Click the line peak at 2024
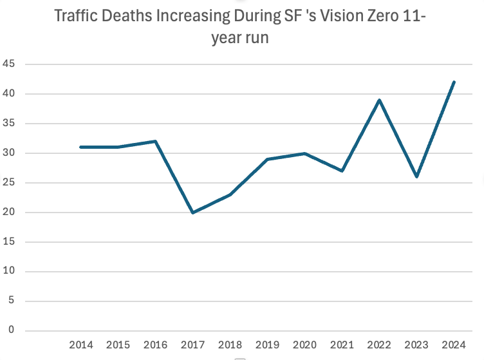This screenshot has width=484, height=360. [454, 82]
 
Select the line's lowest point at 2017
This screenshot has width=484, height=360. [193, 213]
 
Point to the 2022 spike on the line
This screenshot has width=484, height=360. [380, 100]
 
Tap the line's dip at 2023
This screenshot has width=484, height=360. [417, 176]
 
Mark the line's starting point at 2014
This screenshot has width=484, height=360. [81, 147]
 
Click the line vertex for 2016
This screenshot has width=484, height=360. [156, 141]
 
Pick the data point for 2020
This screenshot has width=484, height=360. [305, 153]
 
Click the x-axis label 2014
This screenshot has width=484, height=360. [81, 345]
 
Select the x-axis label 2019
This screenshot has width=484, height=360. [268, 345]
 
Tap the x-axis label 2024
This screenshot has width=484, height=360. [454, 345]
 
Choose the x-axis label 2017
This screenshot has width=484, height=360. [193, 345]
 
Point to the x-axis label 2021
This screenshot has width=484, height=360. [342, 345]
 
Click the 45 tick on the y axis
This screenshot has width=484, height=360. [10, 64]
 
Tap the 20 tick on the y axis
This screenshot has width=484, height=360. [10, 213]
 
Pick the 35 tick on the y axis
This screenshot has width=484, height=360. [10, 124]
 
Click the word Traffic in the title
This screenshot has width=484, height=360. [77, 16]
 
